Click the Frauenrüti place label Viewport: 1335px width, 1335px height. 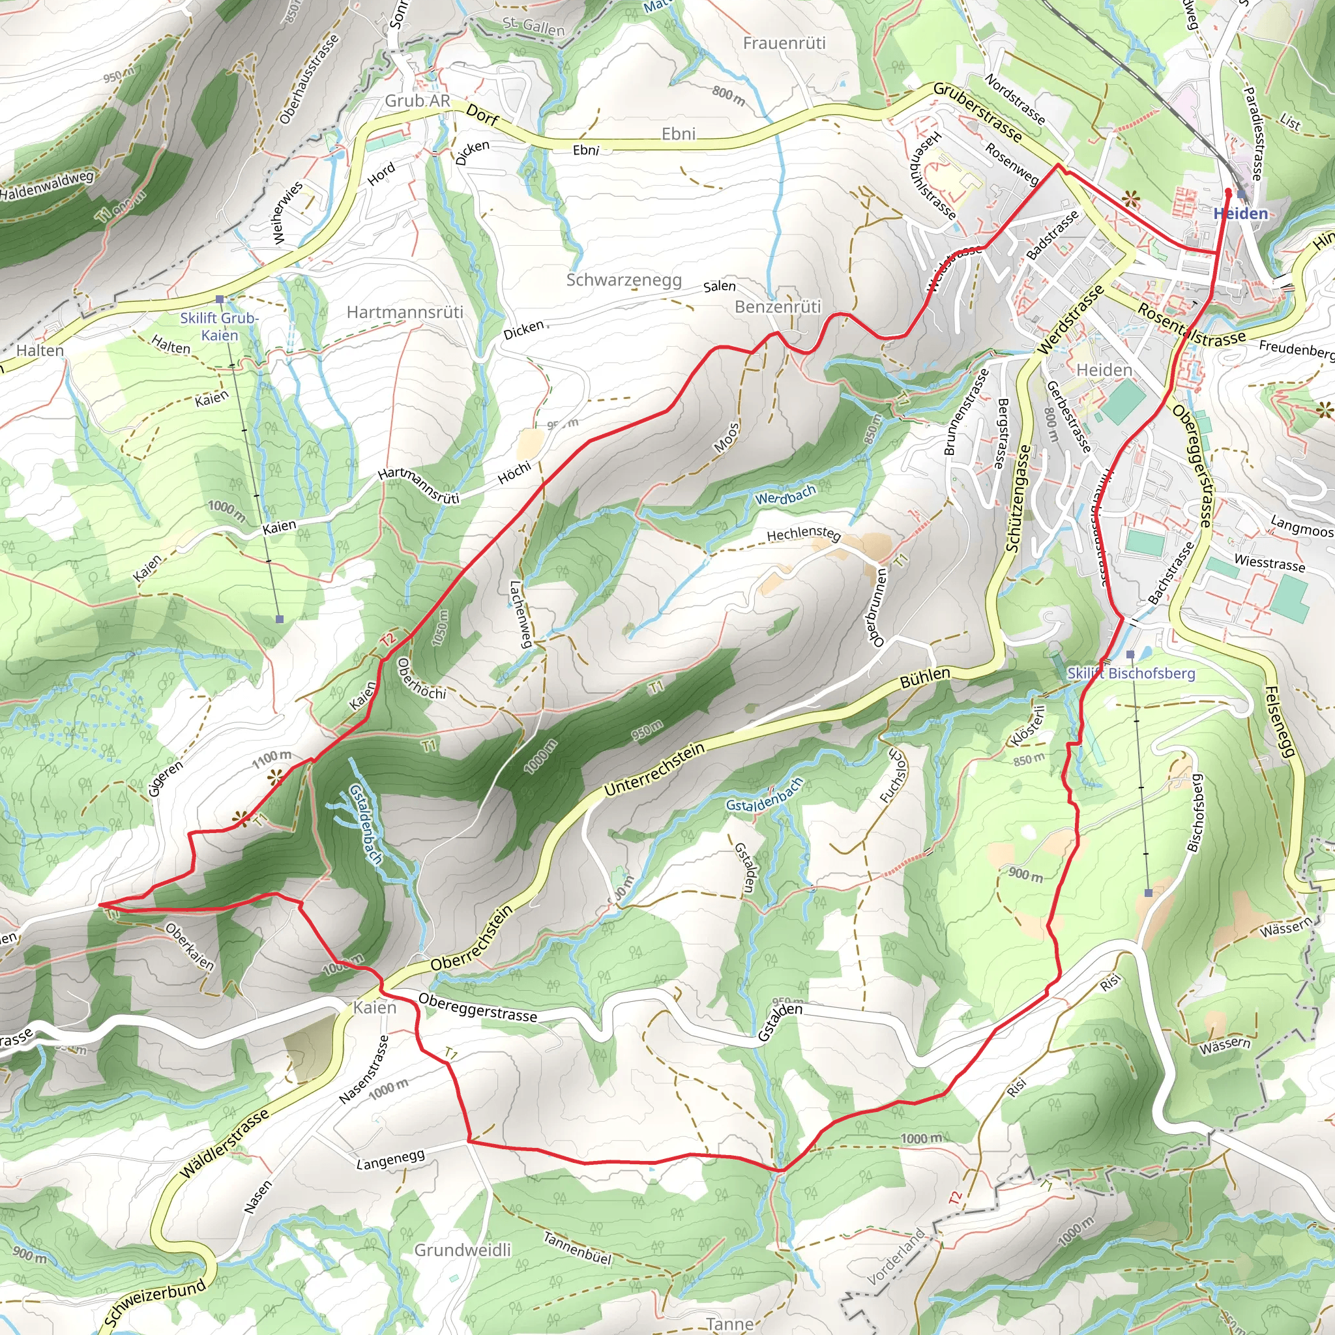click(x=784, y=44)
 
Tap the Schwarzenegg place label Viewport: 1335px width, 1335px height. click(x=623, y=280)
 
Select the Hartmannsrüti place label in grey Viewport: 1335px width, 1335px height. click(x=405, y=312)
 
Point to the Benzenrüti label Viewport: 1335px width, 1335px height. click(x=778, y=307)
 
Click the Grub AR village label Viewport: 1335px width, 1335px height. click(x=417, y=101)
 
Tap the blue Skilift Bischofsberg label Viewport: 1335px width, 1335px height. click(x=1131, y=673)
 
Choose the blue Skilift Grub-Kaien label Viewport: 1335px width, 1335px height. click(x=219, y=327)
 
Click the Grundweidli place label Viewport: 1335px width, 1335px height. click(x=462, y=1250)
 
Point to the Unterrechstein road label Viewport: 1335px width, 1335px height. click(x=654, y=769)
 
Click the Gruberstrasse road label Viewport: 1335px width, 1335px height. click(x=977, y=111)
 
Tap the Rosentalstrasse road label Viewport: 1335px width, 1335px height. click(x=1192, y=325)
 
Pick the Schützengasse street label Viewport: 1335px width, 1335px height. click(x=1018, y=498)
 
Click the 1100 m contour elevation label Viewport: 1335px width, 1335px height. click(x=272, y=759)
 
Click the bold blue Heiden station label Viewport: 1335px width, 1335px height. click(x=1240, y=214)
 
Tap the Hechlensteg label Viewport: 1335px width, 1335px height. click(x=804, y=533)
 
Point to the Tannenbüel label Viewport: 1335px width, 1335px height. click(x=577, y=1248)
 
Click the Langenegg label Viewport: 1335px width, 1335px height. click(x=390, y=1160)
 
